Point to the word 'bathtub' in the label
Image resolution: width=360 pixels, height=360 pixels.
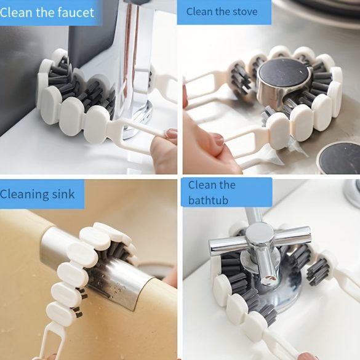coord(208,200)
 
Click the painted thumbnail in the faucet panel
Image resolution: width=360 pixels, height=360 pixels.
coord(170,133)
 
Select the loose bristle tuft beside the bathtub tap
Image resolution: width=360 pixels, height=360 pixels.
coord(318,272)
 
